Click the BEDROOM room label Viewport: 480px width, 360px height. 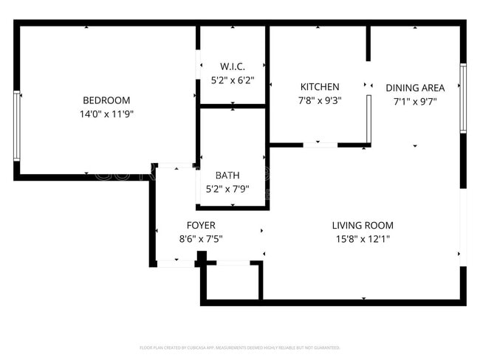[x=106, y=100]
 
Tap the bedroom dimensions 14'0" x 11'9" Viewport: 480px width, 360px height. [x=106, y=114]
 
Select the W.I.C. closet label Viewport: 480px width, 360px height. [x=233, y=66]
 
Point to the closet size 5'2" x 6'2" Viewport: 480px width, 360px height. [x=233, y=79]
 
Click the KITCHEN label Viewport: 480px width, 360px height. [x=319, y=87]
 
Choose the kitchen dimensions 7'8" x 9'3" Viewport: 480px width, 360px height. [x=319, y=100]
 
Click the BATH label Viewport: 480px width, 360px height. [x=227, y=176]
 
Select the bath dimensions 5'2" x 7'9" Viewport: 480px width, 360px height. [x=227, y=189]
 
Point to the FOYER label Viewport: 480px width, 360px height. [x=201, y=225]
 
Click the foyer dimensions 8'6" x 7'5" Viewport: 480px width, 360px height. [x=201, y=238]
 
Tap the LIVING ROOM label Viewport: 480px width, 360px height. [x=362, y=225]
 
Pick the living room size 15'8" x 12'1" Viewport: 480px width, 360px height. [x=362, y=238]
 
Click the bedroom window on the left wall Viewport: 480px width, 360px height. [x=16, y=125]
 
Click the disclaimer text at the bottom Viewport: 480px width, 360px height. [x=240, y=347]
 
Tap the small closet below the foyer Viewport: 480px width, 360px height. [x=231, y=281]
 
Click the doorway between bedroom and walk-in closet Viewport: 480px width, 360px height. [x=197, y=67]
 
